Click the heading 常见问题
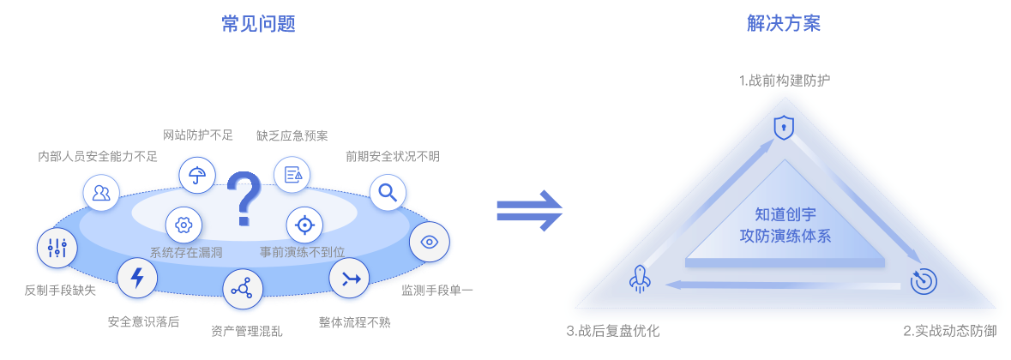[x=258, y=24]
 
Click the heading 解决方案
[x=784, y=24]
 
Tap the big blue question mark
[x=244, y=201]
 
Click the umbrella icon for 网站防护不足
[x=197, y=174]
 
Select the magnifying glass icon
[x=388, y=192]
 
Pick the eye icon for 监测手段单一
[x=430, y=243]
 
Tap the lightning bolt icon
[x=136, y=278]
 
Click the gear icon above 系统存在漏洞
[x=183, y=225]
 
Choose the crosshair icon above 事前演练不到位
[x=304, y=225]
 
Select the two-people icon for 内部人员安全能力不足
[x=101, y=192]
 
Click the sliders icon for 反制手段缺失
[x=57, y=249]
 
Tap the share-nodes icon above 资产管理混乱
[x=242, y=289]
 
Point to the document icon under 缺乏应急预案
[x=292, y=174]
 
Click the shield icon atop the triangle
[x=783, y=128]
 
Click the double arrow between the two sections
[x=529, y=211]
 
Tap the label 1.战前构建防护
[x=784, y=81]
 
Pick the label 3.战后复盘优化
[x=612, y=330]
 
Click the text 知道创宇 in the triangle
[x=785, y=214]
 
